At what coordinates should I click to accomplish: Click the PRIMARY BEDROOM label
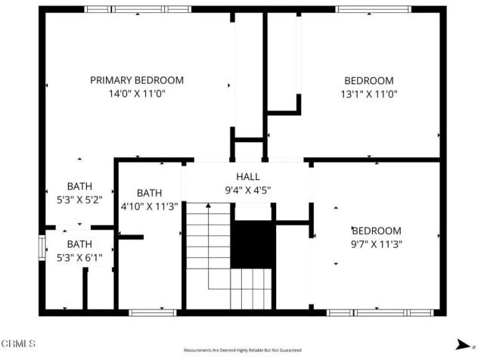pyautogui.click(x=137, y=80)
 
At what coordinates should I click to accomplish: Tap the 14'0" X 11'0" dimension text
pyautogui.click(x=137, y=94)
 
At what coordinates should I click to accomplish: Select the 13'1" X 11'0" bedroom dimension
pyautogui.click(x=369, y=94)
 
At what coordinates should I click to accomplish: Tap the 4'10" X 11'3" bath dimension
pyautogui.click(x=149, y=206)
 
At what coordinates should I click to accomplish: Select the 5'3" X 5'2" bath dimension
pyautogui.click(x=79, y=200)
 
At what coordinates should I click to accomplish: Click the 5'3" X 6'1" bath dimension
pyautogui.click(x=79, y=257)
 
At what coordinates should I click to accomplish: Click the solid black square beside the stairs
pyautogui.click(x=253, y=244)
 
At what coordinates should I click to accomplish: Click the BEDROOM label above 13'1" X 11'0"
pyautogui.click(x=369, y=80)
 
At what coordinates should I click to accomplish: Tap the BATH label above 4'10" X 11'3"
pyautogui.click(x=149, y=193)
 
